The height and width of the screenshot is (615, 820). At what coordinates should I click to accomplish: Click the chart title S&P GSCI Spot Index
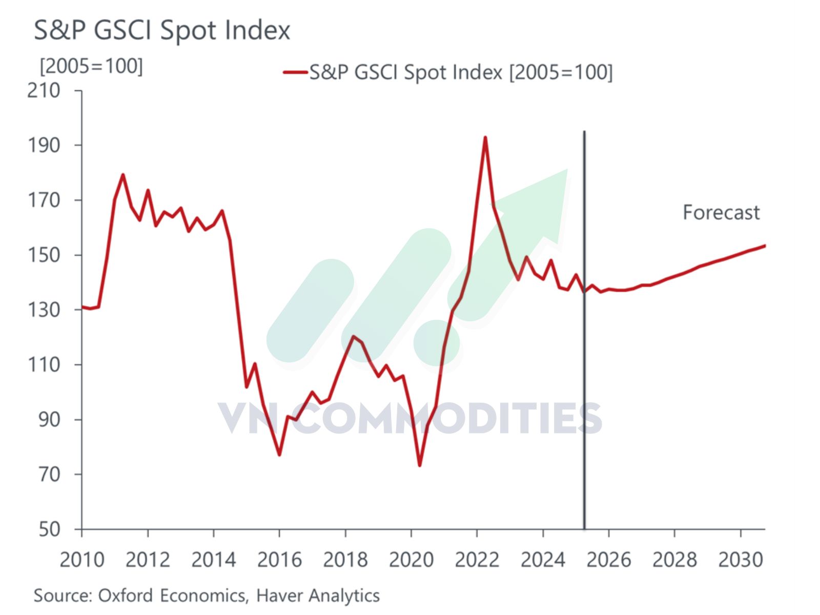tap(162, 30)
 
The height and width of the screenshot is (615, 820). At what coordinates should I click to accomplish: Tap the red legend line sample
tap(295, 72)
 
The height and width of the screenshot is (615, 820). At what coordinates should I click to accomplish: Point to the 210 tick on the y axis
tap(44, 91)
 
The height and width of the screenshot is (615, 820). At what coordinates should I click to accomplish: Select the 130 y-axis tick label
tap(44, 310)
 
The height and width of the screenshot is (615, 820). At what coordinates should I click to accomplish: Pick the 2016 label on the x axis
tap(279, 560)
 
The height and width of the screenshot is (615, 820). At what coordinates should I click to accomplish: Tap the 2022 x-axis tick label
tap(477, 560)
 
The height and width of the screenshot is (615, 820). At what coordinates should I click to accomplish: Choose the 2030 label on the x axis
tap(740, 560)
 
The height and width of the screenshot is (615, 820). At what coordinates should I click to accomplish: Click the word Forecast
tap(721, 212)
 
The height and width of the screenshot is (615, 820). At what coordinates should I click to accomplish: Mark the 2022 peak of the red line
tap(485, 137)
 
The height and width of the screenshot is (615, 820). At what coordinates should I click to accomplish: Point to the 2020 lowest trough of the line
tap(420, 465)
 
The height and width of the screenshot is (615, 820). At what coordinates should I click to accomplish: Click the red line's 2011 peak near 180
tap(123, 175)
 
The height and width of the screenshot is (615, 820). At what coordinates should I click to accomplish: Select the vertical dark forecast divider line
tap(584, 359)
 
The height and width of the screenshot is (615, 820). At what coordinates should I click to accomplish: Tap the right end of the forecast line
tap(764, 245)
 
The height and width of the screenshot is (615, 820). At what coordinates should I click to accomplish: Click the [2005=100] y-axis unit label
tap(91, 66)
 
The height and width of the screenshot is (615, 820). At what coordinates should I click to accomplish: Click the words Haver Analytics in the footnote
tap(318, 596)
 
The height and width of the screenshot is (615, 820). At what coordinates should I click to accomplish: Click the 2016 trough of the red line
tap(279, 455)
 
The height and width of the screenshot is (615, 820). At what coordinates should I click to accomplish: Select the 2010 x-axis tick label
tap(82, 560)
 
